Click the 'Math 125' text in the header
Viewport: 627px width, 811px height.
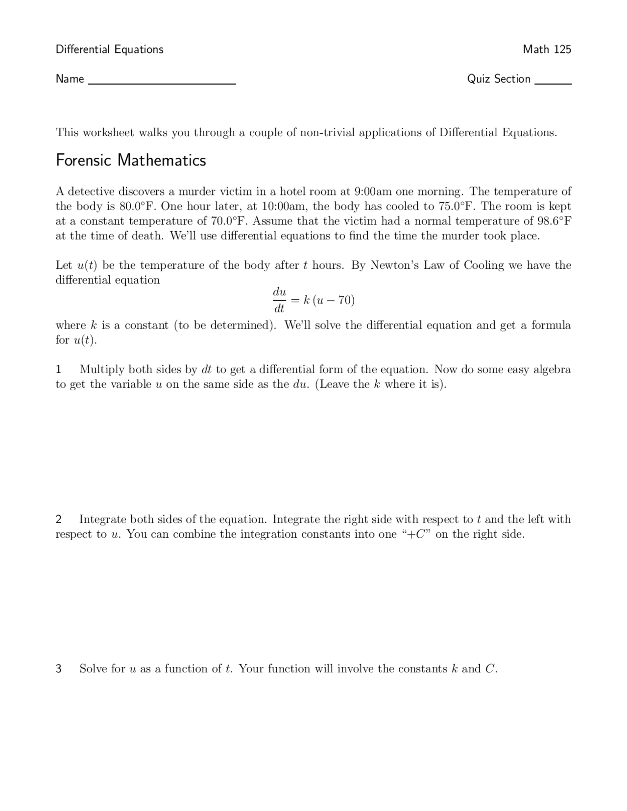point(547,49)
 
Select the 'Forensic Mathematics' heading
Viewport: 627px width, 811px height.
point(131,161)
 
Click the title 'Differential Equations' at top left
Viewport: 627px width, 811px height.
point(109,49)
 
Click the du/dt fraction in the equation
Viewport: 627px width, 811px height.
point(279,300)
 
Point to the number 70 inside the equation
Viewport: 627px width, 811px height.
point(345,300)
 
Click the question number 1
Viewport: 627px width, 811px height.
point(58,369)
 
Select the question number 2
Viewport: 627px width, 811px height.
point(58,519)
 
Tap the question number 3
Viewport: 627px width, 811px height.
point(58,669)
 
